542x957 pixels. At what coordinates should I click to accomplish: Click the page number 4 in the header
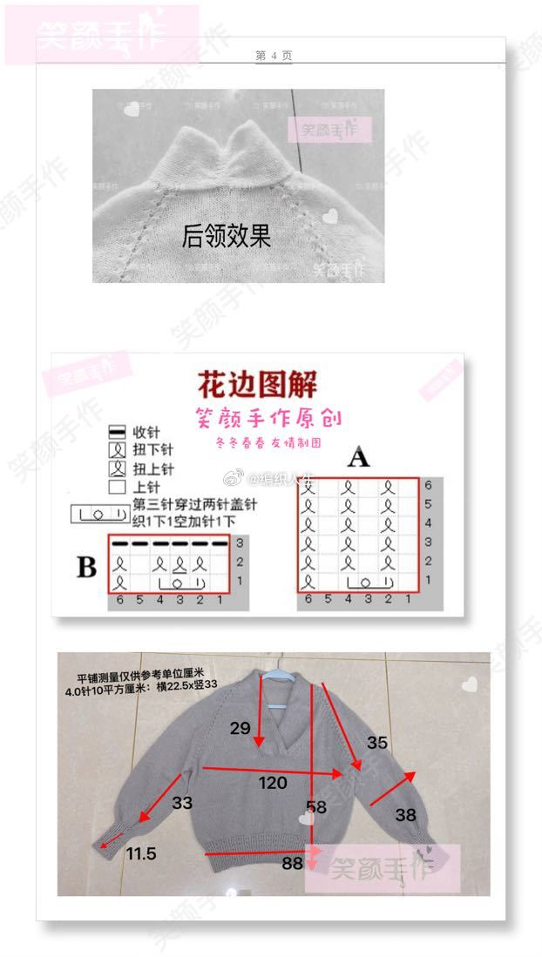point(274,55)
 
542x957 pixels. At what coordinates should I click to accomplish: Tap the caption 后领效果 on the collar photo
point(227,235)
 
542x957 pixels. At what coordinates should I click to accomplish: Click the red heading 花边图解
point(257,384)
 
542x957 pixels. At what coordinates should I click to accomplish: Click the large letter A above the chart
point(359,457)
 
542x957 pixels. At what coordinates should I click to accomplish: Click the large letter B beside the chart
point(86,568)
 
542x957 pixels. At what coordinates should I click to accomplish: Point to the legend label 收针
point(146,433)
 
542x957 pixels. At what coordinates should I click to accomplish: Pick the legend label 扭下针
point(152,451)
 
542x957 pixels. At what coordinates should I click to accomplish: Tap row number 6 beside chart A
point(428,485)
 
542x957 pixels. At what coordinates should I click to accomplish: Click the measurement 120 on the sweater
point(273,783)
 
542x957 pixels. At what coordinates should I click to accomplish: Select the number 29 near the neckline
point(241,727)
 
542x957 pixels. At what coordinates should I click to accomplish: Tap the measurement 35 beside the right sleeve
point(376,743)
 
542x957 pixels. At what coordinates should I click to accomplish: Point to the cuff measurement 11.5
point(140,854)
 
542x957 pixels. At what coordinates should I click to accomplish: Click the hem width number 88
point(293,864)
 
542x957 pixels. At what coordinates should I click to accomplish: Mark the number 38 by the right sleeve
point(406,815)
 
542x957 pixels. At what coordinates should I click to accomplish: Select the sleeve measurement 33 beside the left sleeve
point(182,803)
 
